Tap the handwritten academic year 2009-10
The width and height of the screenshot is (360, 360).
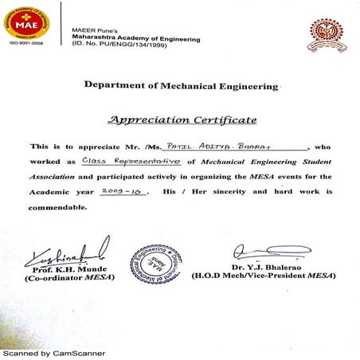(x=124, y=192)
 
